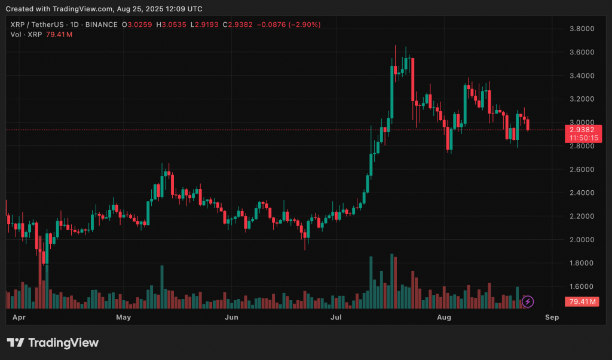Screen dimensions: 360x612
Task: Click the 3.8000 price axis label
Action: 581,29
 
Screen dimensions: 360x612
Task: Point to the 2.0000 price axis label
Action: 581,240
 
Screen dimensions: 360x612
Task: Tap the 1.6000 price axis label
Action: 581,286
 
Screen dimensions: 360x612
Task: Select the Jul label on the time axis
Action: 336,317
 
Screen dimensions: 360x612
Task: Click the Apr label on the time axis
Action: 19,317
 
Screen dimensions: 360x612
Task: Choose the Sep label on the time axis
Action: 552,317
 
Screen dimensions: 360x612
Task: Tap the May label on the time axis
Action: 124,317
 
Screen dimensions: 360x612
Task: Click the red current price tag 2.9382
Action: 581,129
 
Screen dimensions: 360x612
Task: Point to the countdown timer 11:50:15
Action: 581,138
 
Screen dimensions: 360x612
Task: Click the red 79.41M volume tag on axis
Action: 582,301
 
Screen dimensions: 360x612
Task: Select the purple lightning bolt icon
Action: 528,301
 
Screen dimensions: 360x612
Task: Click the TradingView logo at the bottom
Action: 53,343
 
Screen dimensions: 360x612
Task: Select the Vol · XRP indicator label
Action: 26,35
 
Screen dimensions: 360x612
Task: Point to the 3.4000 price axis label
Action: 581,76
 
